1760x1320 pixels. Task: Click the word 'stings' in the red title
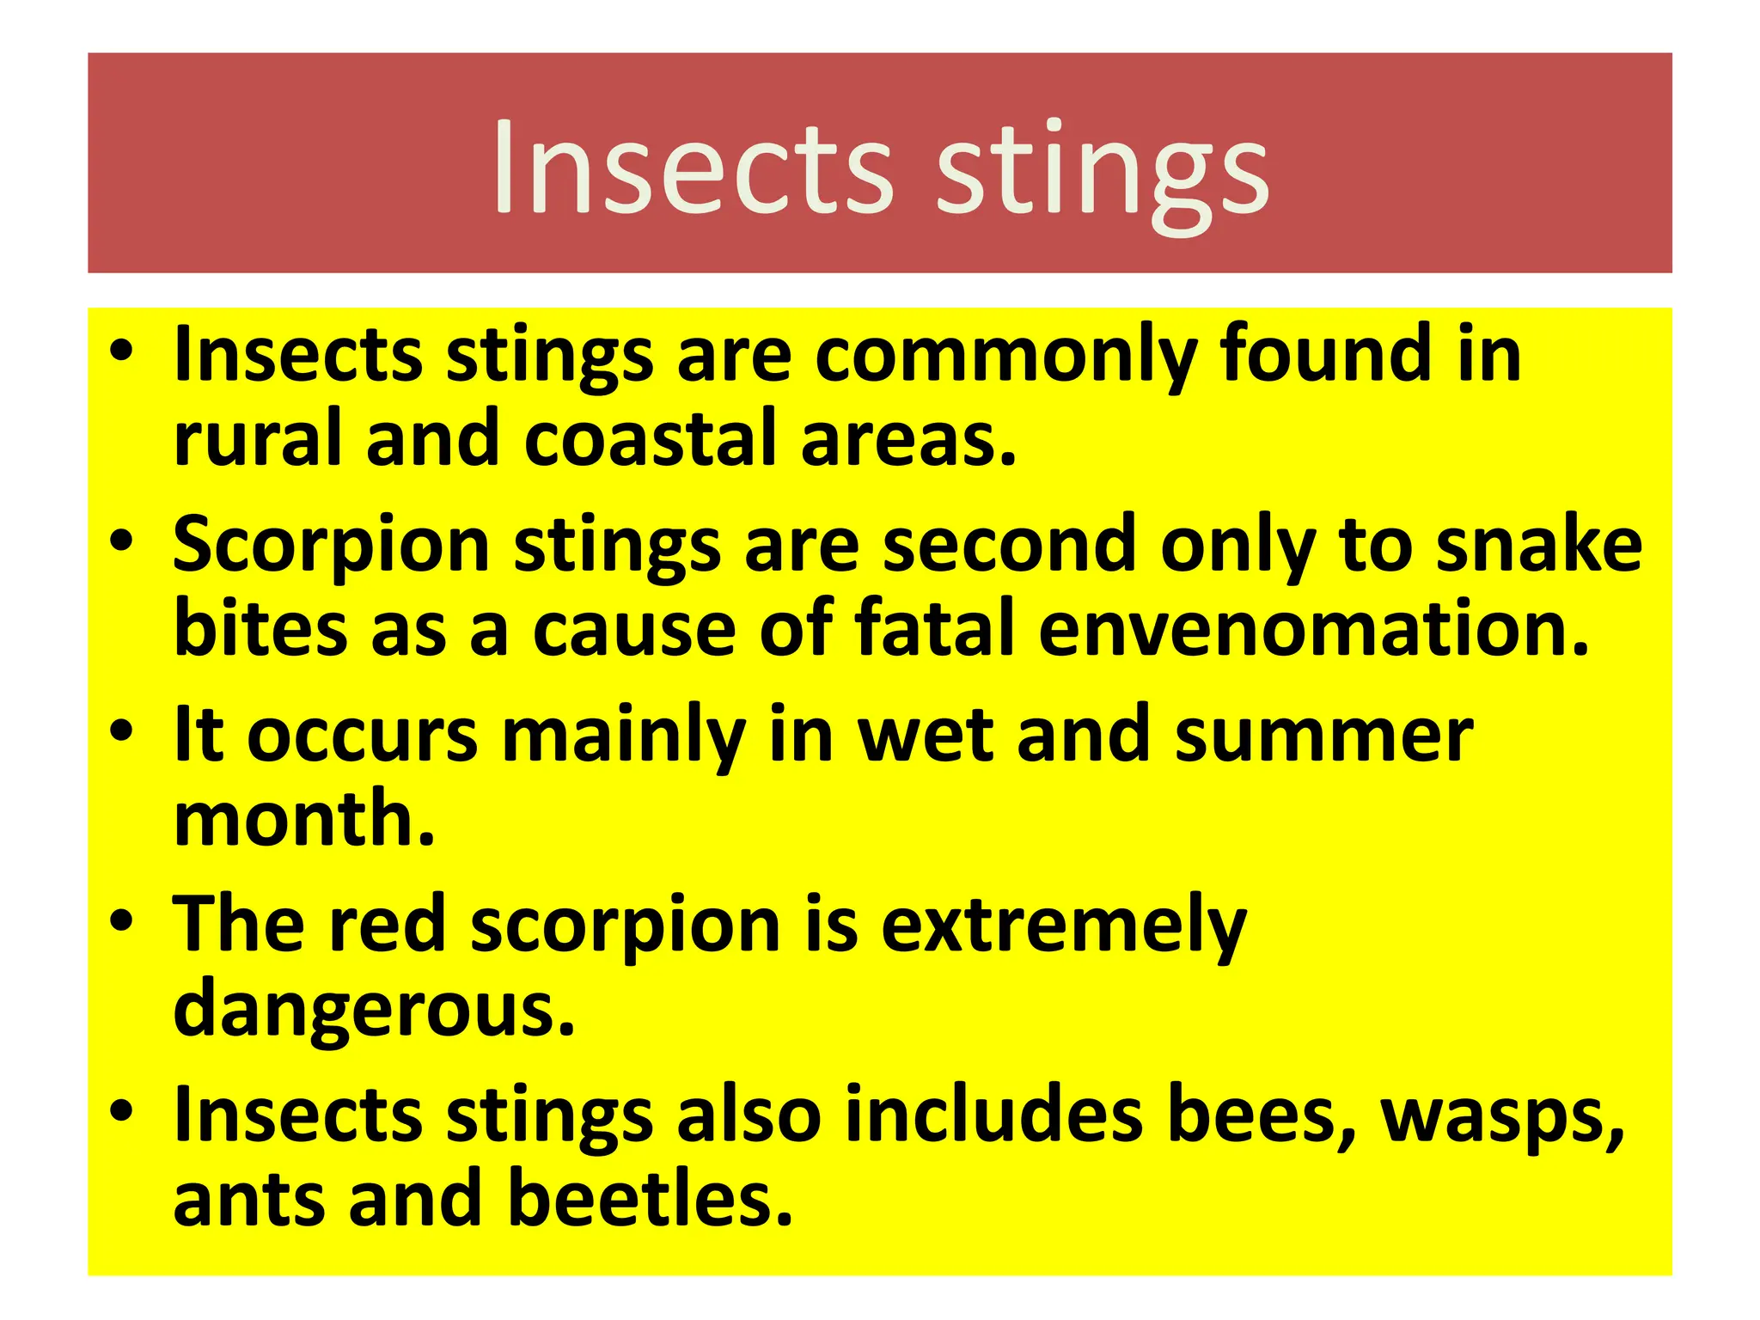click(x=1103, y=170)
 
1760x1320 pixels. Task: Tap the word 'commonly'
click(x=1005, y=357)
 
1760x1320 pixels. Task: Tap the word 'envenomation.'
click(x=1314, y=629)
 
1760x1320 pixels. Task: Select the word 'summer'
click(x=1324, y=736)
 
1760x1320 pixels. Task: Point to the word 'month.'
click(x=304, y=820)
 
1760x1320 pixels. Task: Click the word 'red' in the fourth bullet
click(x=388, y=926)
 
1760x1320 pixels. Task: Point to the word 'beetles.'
click(x=651, y=1201)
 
